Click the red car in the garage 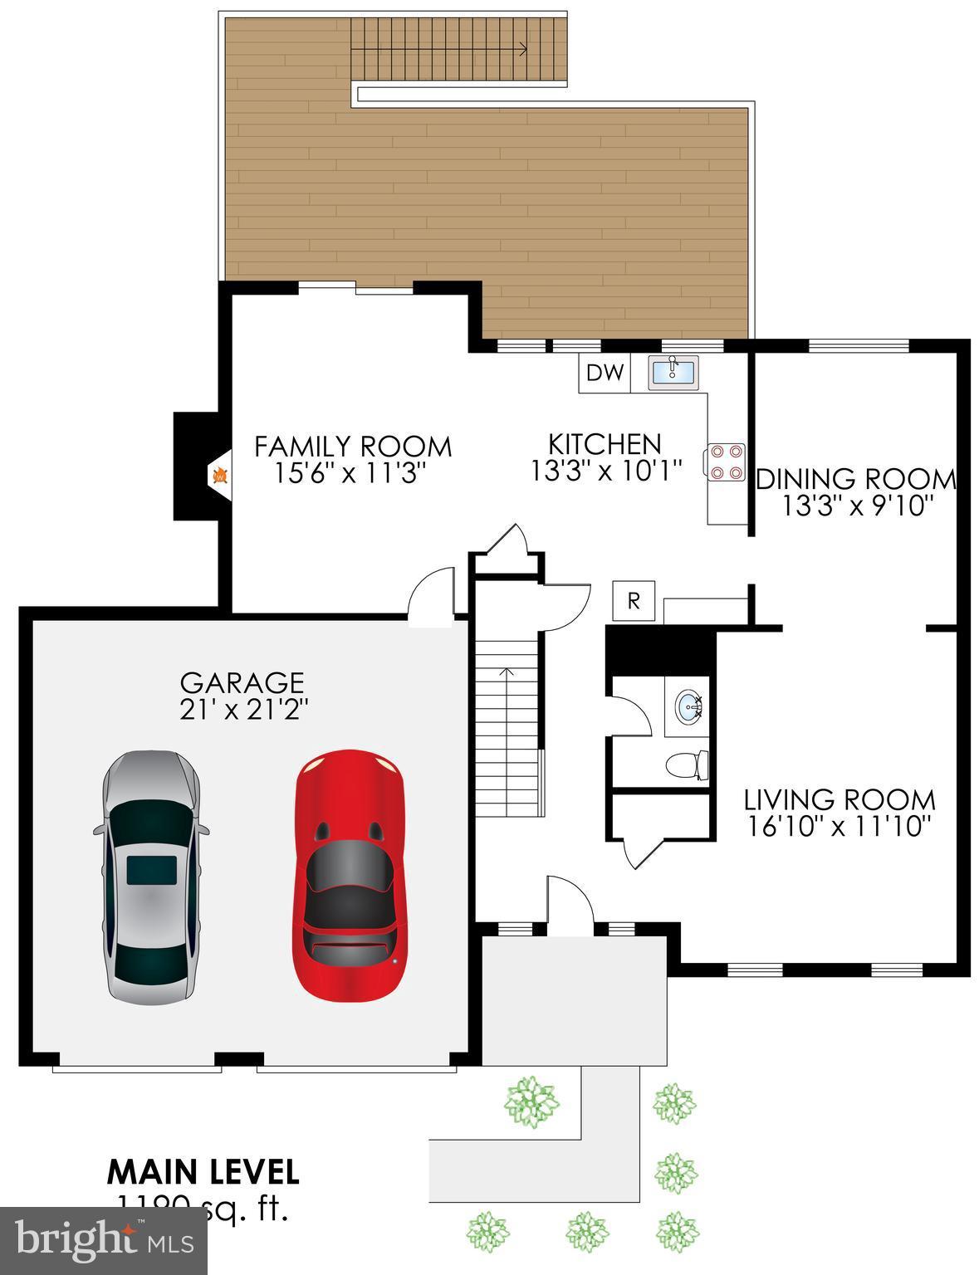(x=350, y=877)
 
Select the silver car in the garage (x=150, y=877)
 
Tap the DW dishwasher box (x=605, y=373)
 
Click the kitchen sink (x=673, y=371)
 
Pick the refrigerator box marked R (x=634, y=601)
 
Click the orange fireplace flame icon (x=220, y=476)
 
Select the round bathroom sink (x=689, y=708)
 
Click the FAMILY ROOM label (x=353, y=447)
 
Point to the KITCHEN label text (x=605, y=443)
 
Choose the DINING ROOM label (x=856, y=479)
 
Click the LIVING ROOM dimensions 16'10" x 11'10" (x=839, y=827)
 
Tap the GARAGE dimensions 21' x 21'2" (x=242, y=710)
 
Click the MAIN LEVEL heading (x=203, y=1171)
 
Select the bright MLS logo (x=103, y=1241)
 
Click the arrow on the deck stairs (x=521, y=49)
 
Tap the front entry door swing (x=568, y=899)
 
